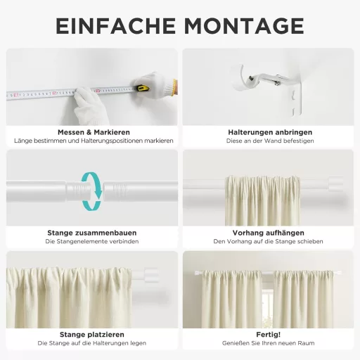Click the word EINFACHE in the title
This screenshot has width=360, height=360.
(x=115, y=26)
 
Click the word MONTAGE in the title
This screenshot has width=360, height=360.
(x=244, y=26)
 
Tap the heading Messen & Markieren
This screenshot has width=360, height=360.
(x=93, y=131)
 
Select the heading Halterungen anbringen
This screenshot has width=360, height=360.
(x=270, y=131)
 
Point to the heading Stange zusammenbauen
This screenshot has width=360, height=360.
(x=92, y=233)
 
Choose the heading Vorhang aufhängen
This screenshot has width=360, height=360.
(x=269, y=233)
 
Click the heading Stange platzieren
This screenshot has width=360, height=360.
(x=92, y=334)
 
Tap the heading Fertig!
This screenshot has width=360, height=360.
(x=269, y=334)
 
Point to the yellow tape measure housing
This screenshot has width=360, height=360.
(x=142, y=89)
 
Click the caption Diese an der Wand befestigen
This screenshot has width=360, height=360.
(x=270, y=141)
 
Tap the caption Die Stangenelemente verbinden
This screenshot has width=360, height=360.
(x=92, y=242)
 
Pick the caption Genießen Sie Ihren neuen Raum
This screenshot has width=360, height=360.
(x=269, y=343)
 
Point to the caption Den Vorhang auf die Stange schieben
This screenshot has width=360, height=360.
(x=269, y=242)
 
